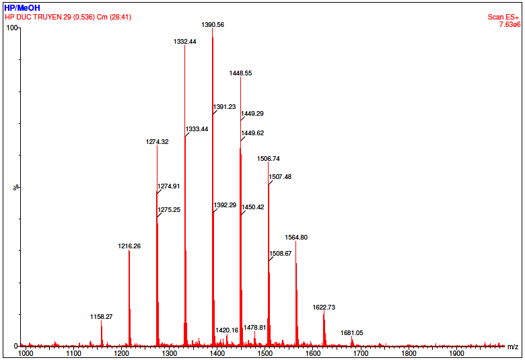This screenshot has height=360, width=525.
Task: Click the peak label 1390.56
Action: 213,24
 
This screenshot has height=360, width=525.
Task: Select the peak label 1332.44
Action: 185,41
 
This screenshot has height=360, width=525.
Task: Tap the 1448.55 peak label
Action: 240,73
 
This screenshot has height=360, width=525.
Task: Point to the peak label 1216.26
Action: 129,246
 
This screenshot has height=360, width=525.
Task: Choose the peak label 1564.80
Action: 296,238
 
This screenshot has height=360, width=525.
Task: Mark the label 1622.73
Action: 324,307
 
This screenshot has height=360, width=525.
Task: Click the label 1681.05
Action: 351,332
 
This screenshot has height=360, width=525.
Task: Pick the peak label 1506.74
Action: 269,159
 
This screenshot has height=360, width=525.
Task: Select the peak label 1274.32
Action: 157,142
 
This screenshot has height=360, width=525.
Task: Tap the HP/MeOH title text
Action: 22,7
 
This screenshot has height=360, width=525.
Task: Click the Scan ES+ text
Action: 504,17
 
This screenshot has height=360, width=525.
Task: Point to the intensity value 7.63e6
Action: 509,24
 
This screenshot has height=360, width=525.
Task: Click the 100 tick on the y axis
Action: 11,28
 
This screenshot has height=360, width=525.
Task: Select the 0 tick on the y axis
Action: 15,346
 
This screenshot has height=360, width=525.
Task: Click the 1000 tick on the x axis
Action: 26,353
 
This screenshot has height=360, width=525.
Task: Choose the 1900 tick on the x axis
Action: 456,353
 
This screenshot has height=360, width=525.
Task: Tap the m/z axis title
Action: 513,347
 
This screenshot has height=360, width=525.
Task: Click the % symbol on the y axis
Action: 16,187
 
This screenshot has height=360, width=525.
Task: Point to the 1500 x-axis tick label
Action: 265,353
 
